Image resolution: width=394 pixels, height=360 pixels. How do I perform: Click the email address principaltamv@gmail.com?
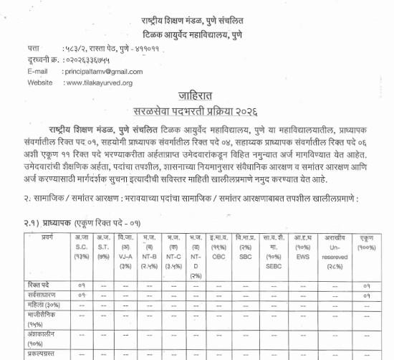(107, 72)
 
